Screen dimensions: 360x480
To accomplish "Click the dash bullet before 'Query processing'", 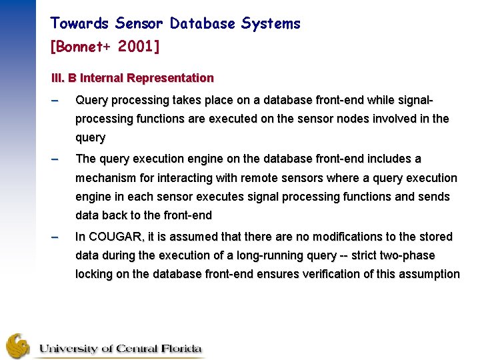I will tap(55, 101).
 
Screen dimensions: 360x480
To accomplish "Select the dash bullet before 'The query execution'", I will tap(55, 159).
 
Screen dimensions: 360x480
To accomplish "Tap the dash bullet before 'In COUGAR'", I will tap(55, 237).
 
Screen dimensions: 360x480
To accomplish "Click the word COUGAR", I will tap(111, 237).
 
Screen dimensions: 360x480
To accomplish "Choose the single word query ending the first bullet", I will tap(90, 138).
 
